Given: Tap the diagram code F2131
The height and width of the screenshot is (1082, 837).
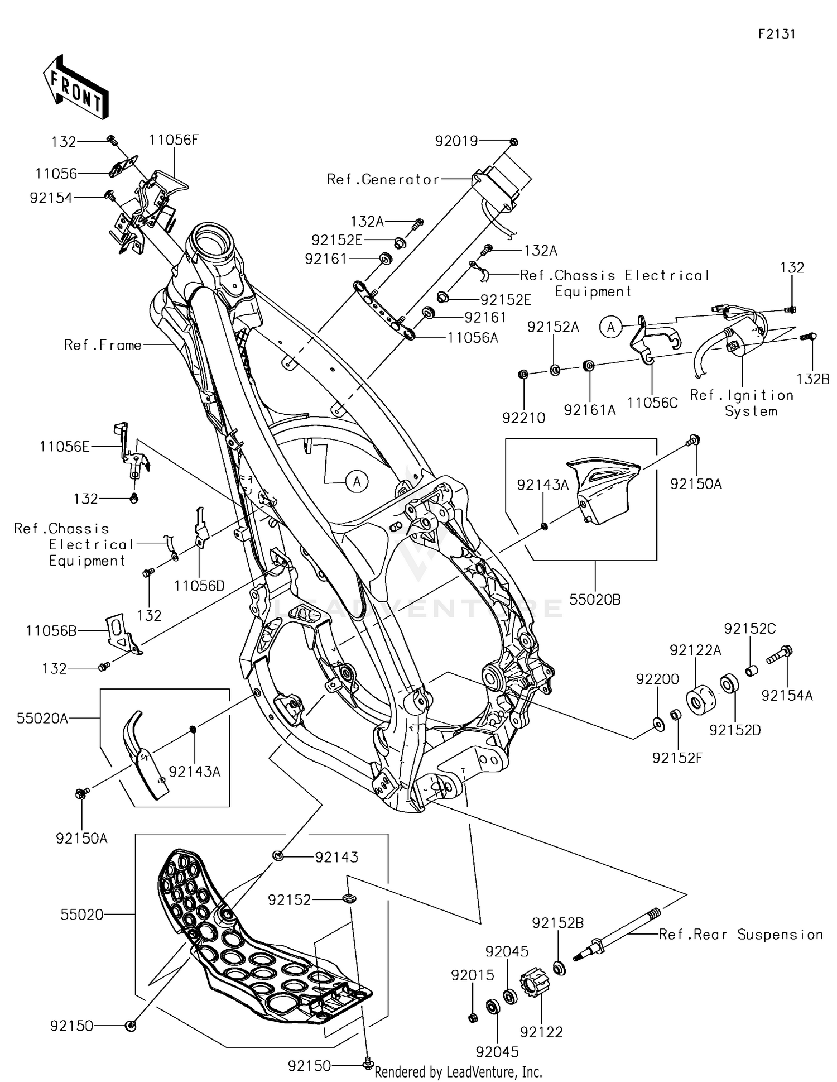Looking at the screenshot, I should [x=776, y=33].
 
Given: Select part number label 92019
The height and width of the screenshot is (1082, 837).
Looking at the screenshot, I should [x=456, y=141].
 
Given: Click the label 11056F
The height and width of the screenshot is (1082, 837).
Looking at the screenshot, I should [x=174, y=140].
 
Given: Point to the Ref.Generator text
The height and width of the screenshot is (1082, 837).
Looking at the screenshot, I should [x=383, y=179].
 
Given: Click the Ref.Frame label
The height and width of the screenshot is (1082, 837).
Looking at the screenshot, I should [x=103, y=345].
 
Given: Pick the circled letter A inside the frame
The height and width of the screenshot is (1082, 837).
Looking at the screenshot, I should [x=357, y=481].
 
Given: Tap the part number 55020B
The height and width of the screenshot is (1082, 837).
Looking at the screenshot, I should [x=595, y=599].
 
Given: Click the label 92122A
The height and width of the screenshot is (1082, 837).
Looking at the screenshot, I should [x=695, y=650].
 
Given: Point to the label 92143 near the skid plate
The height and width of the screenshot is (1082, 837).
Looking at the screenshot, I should [x=336, y=857].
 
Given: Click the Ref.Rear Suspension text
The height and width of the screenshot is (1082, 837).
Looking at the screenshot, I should [x=740, y=934].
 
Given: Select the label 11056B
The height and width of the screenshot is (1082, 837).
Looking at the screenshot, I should [x=51, y=631].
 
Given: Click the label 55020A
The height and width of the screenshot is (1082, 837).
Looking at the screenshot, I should [x=42, y=718].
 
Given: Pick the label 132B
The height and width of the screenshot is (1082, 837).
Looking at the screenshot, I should [x=812, y=379].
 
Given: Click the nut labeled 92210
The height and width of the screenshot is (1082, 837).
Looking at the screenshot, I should [x=523, y=374].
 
